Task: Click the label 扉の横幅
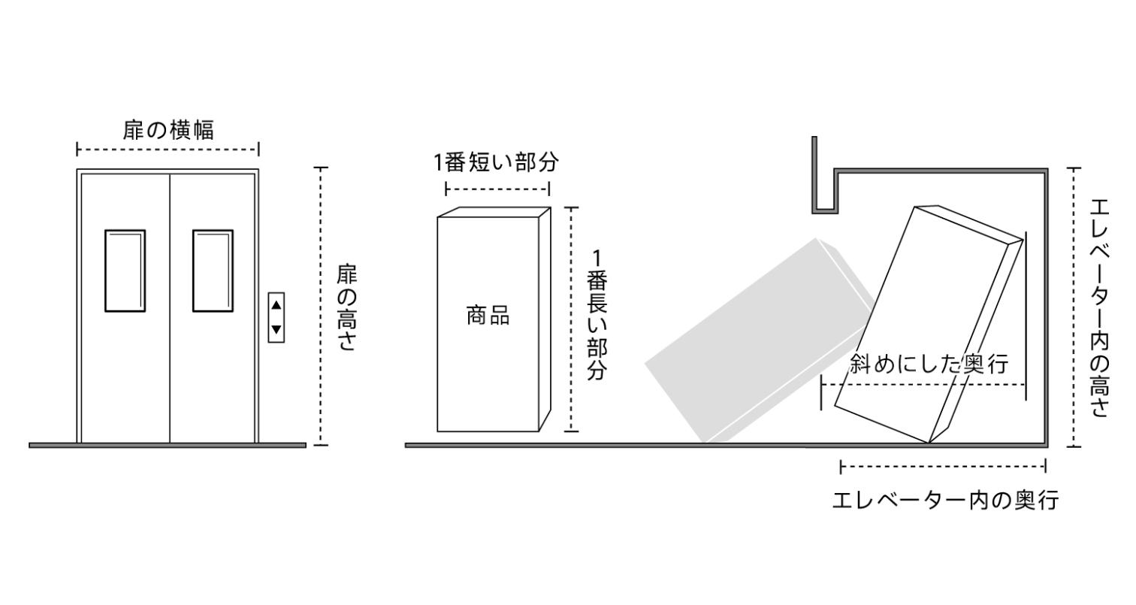(x=168, y=129)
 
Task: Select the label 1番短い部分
(x=497, y=162)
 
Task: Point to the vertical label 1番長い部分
(x=596, y=316)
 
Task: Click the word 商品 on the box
(x=488, y=316)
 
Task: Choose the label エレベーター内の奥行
(x=945, y=500)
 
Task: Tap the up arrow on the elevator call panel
(x=276, y=305)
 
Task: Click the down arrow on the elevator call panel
(x=276, y=328)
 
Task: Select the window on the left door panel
(x=124, y=271)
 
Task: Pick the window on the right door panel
(x=213, y=271)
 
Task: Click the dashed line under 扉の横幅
(x=168, y=149)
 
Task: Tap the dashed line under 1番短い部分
(x=497, y=188)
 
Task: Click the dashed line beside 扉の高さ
(x=322, y=307)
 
